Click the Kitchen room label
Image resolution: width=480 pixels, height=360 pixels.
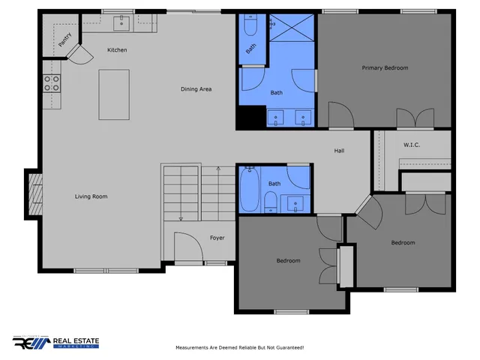pos(117,50)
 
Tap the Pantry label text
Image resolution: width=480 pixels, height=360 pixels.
pos(65,38)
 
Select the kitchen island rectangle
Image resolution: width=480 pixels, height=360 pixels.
pos(114,94)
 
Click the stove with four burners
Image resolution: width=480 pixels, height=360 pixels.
pos(51,83)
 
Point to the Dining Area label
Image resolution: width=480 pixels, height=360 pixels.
pos(196,89)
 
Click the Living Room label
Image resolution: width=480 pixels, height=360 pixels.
pos(91,196)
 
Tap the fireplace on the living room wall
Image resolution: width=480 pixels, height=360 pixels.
pos(34,193)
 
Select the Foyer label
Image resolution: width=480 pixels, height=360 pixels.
pos(217,238)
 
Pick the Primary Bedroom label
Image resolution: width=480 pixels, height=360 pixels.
pos(385,68)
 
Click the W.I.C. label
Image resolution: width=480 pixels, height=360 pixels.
pos(411,145)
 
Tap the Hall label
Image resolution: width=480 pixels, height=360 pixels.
pos(339,151)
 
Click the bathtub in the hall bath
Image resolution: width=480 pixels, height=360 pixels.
pos(250,190)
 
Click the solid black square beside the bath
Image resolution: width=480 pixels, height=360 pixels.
pos(248,118)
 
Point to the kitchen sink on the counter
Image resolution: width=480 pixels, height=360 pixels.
pos(121,24)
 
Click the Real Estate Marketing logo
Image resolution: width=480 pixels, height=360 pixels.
pos(55,342)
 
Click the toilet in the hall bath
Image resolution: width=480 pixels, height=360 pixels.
pos(269,201)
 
